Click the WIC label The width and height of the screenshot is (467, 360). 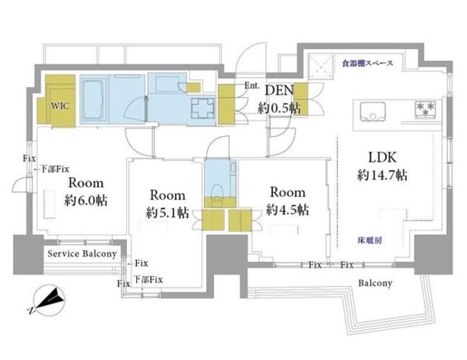(60, 106)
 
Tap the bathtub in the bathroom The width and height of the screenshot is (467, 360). (94, 100)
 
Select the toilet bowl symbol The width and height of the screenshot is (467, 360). (216, 192)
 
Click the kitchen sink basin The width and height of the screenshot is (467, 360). (373, 112)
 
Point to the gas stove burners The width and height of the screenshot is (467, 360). (425, 108)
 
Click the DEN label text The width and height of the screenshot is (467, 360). (279, 90)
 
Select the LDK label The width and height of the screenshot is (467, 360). (383, 158)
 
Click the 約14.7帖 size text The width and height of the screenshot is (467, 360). (382, 175)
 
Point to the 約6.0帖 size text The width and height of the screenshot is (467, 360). (86, 201)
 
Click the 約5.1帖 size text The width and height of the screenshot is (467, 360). (167, 212)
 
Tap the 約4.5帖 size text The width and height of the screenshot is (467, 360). (288, 210)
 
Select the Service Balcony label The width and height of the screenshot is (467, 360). (82, 253)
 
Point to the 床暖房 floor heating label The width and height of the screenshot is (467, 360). (370, 240)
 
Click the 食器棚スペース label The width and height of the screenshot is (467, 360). (368, 63)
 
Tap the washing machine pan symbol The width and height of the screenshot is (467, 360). (203, 108)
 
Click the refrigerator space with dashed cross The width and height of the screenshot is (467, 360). (321, 67)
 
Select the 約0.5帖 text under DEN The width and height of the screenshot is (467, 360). (279, 108)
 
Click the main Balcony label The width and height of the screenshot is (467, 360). (375, 283)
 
